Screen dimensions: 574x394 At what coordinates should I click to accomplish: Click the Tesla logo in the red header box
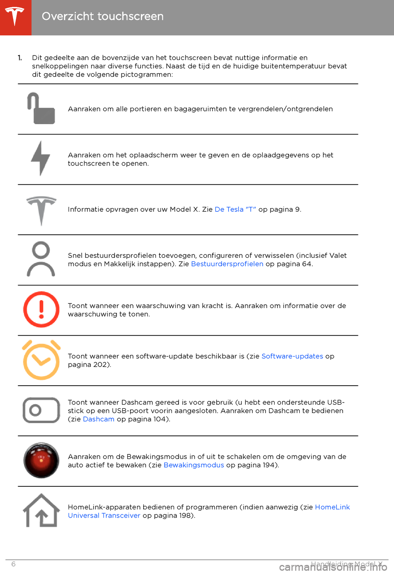[x=15, y=16]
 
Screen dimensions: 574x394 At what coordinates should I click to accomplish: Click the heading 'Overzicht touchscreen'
[x=103, y=16]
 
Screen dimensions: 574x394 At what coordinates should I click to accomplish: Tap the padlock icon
[x=41, y=109]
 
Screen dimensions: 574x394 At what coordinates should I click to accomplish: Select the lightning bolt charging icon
[x=41, y=159]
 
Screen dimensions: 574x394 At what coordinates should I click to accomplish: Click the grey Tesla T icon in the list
[x=41, y=210]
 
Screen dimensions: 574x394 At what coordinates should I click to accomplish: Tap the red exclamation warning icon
[x=41, y=310]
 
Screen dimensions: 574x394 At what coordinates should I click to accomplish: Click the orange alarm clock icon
[x=41, y=360]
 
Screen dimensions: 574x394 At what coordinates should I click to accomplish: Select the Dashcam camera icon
[x=41, y=410]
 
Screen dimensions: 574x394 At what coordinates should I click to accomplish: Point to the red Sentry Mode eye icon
[x=41, y=460]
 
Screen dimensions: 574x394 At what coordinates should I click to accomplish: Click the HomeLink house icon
[x=41, y=511]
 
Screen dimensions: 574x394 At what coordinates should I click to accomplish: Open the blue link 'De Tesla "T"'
[x=235, y=209]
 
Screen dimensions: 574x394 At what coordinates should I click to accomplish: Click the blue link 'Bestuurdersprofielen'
[x=227, y=264]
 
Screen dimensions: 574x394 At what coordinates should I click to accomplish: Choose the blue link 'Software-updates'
[x=292, y=356]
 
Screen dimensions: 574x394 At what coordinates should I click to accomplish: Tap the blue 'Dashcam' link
[x=98, y=419]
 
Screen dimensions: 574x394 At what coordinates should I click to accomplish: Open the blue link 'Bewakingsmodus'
[x=194, y=465]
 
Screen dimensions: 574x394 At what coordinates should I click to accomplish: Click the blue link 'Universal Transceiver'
[x=104, y=516]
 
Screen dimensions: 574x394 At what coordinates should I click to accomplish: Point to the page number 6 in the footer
[x=13, y=564]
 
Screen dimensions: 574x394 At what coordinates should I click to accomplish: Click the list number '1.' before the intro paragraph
[x=20, y=58]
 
